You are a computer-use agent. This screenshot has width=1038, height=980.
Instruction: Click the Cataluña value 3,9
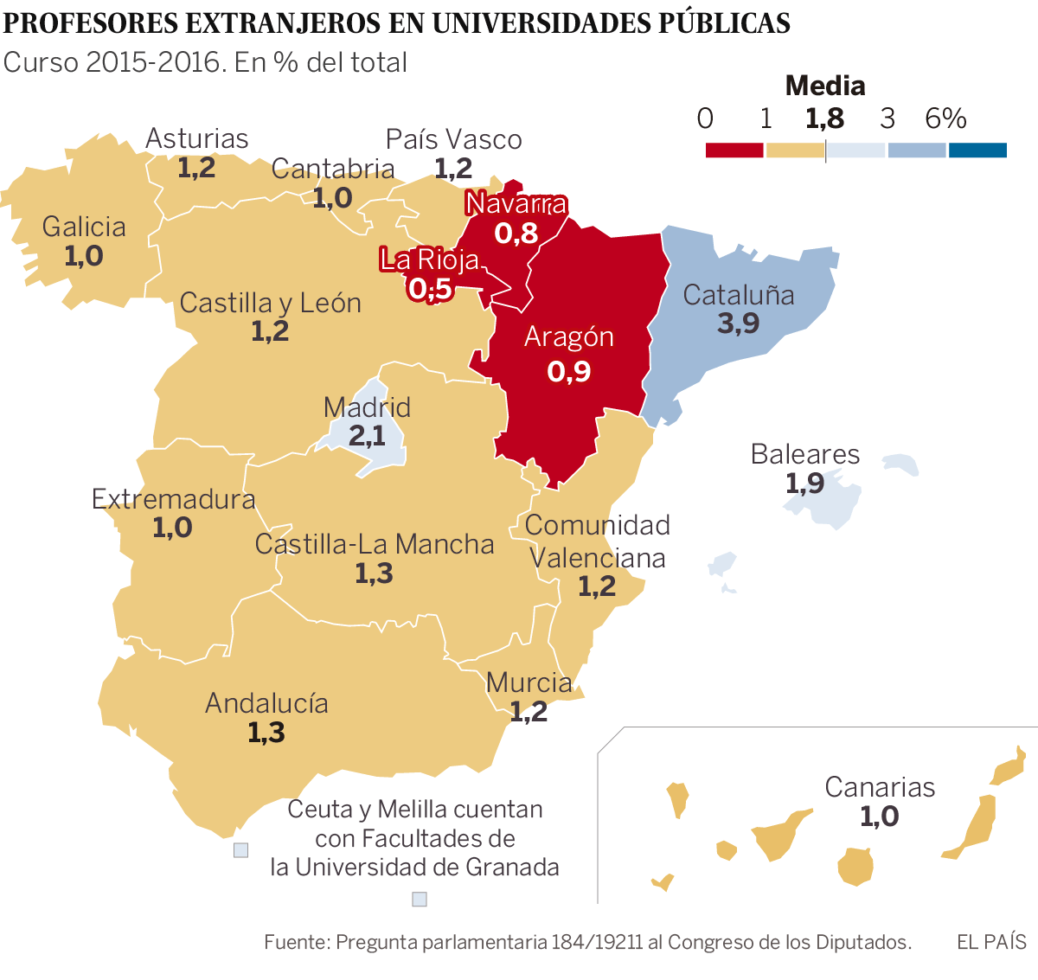pyautogui.click(x=738, y=323)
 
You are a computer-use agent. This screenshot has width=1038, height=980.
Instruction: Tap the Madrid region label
pyautogui.click(x=367, y=407)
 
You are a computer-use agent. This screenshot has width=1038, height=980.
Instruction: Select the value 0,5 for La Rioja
pyautogui.click(x=430, y=289)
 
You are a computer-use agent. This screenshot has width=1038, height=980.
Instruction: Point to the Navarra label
pyautogui.click(x=516, y=203)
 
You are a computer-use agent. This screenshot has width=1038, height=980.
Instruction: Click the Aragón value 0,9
pyautogui.click(x=569, y=371)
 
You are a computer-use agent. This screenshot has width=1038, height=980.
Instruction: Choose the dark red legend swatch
pyautogui.click(x=734, y=151)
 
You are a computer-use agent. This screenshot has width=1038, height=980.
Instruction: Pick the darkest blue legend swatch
pyautogui.click(x=977, y=151)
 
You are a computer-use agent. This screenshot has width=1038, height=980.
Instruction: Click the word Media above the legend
pyautogui.click(x=825, y=86)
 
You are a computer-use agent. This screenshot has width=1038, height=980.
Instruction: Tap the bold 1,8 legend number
pyautogui.click(x=824, y=118)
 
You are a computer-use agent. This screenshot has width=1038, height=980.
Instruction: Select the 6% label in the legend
pyautogui.click(x=945, y=118)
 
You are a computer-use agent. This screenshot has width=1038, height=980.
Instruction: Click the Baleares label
pyautogui.click(x=805, y=454)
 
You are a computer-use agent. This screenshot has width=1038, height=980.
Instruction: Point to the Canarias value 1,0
pyautogui.click(x=879, y=816)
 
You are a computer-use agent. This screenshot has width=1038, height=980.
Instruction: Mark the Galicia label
pyautogui.click(x=84, y=227)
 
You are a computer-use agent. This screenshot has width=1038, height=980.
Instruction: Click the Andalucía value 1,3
pyautogui.click(x=266, y=733)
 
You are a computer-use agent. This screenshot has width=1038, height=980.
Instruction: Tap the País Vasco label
pyautogui.click(x=454, y=139)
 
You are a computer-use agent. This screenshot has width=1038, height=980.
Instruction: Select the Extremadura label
pyautogui.click(x=173, y=499)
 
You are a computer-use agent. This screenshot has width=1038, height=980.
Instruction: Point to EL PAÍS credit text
pyautogui.click(x=991, y=942)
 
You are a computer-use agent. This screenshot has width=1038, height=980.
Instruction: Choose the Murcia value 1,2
pyautogui.click(x=529, y=712)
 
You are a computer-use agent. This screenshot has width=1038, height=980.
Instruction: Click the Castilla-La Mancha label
pyautogui.click(x=375, y=544)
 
